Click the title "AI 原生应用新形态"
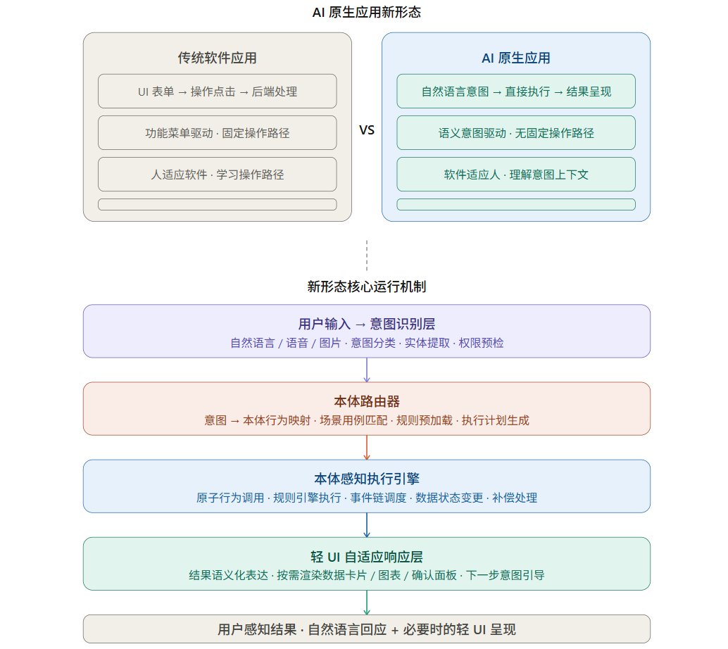point(366,13)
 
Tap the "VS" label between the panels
point(367,130)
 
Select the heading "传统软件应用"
point(217,58)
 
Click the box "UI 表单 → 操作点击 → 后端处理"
point(217,92)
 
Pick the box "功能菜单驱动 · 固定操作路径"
point(217,133)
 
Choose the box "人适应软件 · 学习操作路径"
point(217,175)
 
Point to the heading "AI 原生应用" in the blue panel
point(515,58)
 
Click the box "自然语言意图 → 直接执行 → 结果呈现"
point(515,92)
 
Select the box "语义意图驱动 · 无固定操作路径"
point(515,133)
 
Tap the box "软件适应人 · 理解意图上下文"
point(515,175)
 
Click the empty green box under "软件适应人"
point(515,204)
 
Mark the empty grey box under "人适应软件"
point(217,204)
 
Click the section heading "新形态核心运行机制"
point(366,286)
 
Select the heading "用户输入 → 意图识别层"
point(366,324)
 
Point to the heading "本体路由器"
point(366,401)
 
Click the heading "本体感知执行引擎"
point(366,479)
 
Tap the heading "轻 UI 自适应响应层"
point(366,556)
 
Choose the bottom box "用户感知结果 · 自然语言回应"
point(366,629)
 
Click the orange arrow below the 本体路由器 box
point(366,448)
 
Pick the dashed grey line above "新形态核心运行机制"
point(366,256)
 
